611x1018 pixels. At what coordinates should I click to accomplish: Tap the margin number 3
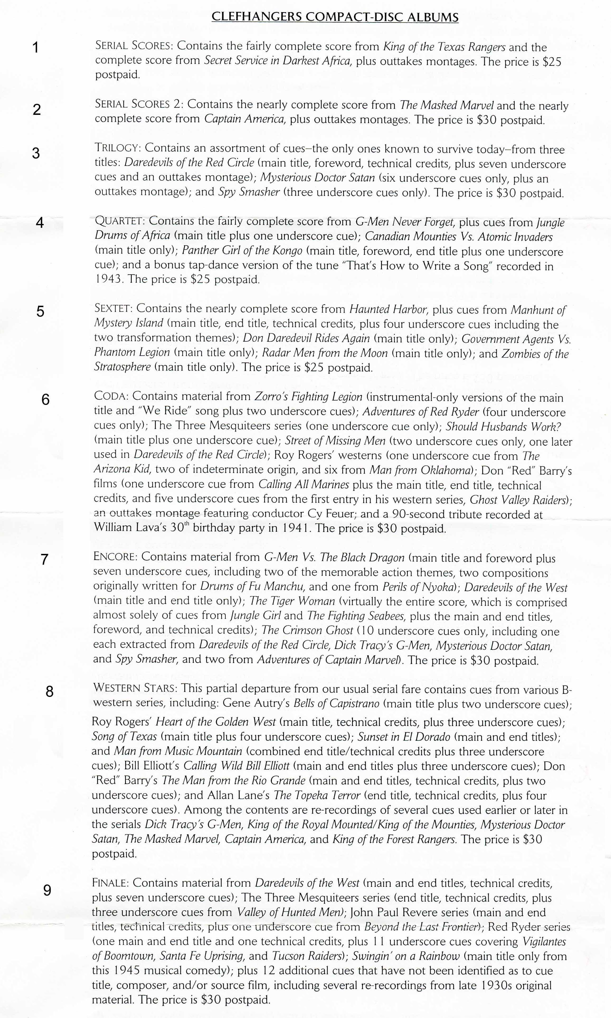[36, 153]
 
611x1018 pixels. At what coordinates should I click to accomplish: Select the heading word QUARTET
[119, 221]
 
